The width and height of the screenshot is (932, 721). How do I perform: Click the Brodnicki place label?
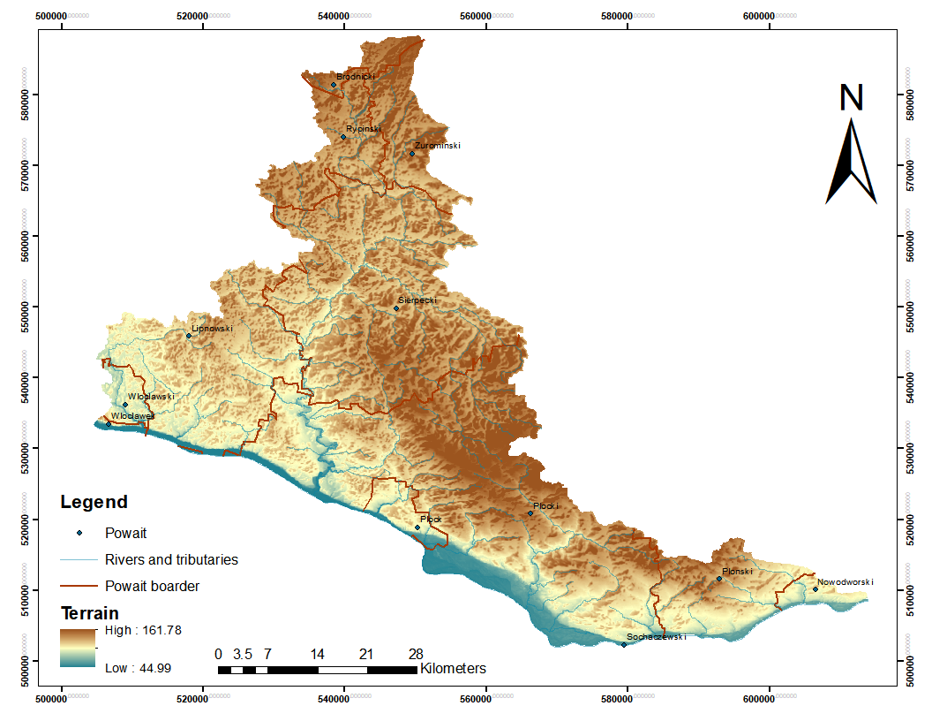(356, 77)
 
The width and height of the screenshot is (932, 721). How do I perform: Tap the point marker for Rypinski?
(343, 137)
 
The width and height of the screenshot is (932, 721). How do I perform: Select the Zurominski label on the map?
(437, 146)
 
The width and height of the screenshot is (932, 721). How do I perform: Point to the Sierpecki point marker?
(396, 308)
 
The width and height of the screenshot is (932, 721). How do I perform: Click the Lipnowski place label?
(212, 329)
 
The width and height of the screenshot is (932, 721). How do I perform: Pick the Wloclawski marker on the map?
(125, 405)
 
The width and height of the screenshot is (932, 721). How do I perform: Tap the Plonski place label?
(737, 572)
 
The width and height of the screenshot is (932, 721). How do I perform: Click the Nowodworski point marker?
(815, 589)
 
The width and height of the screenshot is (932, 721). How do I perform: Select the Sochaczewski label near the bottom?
(656, 636)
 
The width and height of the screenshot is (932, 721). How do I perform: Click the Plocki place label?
(545, 506)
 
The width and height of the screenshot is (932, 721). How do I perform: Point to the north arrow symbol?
(851, 163)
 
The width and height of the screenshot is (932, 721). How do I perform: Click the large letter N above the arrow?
(851, 97)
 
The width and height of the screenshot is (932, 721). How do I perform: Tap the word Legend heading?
(94, 503)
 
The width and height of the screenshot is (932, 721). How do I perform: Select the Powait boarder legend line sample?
(79, 586)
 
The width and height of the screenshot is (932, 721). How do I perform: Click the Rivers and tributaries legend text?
(171, 559)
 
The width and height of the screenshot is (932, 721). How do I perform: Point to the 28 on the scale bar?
(416, 655)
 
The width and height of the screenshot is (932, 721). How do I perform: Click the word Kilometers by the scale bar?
(453, 668)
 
